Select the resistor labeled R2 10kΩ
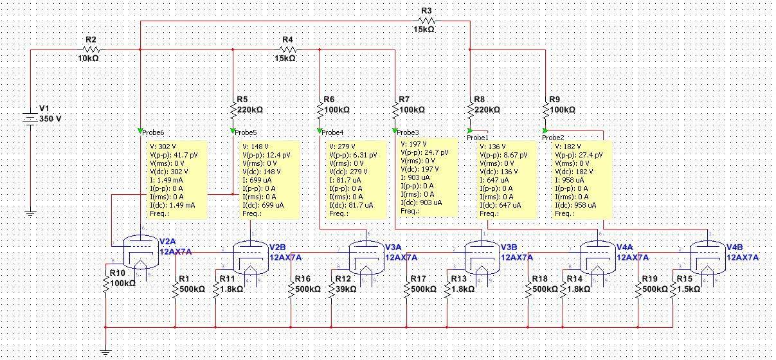[x=90, y=49]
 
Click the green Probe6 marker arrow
[x=140, y=132]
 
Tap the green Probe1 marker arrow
[x=470, y=131]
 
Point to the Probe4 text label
[x=333, y=132]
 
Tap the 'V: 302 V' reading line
[x=162, y=147]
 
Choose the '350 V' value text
[x=51, y=119]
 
